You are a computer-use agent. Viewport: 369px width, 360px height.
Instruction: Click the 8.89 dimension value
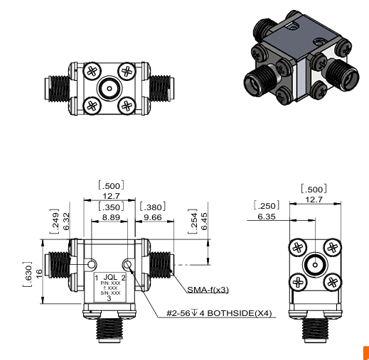[x=109, y=218]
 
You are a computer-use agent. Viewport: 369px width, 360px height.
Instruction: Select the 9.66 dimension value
[x=153, y=218]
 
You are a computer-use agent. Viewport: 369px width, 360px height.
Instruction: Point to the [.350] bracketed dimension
[x=110, y=207]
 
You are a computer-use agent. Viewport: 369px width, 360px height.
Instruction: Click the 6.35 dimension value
[x=267, y=217]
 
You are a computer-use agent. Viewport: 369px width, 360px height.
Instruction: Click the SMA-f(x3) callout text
[x=208, y=289]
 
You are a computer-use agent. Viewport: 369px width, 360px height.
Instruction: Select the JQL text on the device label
[x=110, y=276]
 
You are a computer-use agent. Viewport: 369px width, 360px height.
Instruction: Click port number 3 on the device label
[x=109, y=299]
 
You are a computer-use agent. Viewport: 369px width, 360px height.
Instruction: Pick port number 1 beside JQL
[x=97, y=276]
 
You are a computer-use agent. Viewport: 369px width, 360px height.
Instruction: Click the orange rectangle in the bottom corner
[x=365, y=352]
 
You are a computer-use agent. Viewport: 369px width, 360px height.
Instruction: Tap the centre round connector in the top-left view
[x=109, y=89]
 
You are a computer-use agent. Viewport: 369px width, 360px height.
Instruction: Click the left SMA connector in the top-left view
[x=57, y=89]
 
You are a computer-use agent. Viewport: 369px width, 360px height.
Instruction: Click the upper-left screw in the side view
[x=297, y=248]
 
